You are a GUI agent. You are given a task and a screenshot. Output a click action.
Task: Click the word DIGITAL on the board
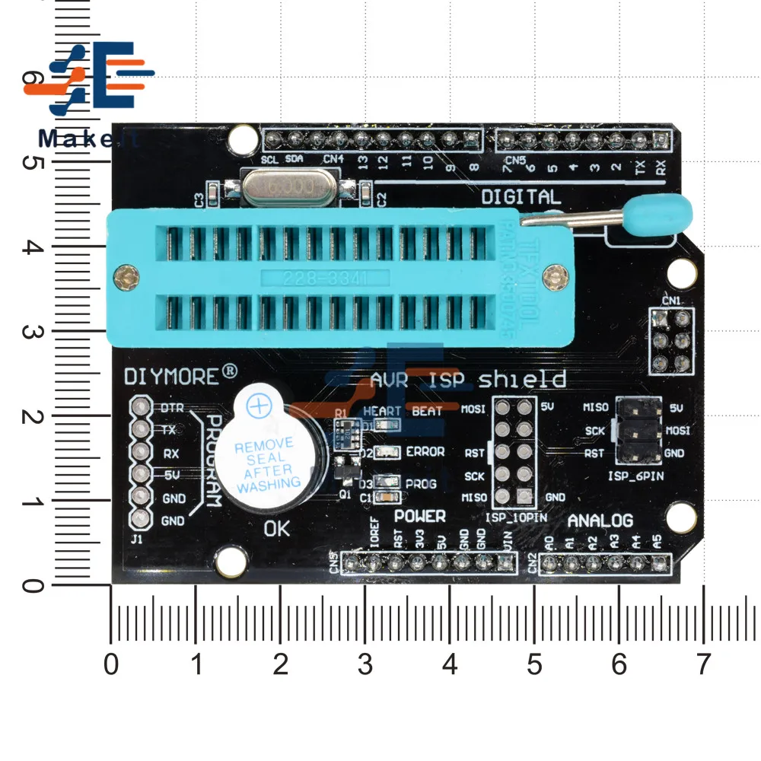coord(521,197)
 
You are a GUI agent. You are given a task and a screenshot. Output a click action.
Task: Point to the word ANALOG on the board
coord(600,521)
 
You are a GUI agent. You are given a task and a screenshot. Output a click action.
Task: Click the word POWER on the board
coord(419,516)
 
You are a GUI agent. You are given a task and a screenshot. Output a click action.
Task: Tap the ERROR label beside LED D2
coord(425,451)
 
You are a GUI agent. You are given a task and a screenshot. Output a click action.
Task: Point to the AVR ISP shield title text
coord(467,379)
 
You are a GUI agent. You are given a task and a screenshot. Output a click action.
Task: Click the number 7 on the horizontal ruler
coord(702,665)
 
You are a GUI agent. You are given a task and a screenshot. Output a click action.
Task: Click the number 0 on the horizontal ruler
coord(112,665)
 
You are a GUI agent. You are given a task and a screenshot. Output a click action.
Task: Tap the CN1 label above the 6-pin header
coord(670,301)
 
